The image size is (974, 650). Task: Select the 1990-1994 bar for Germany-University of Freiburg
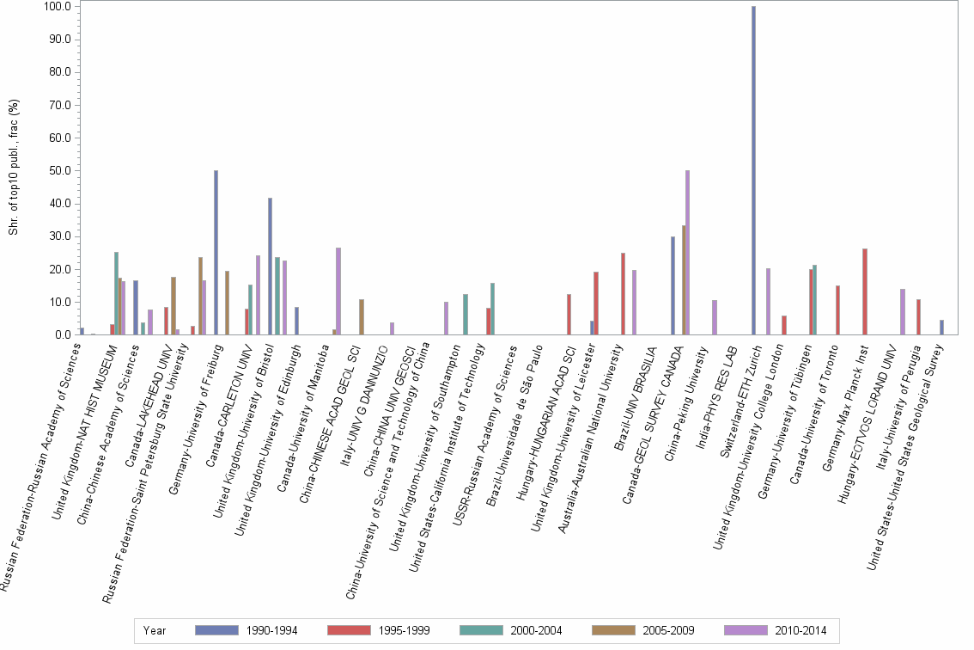click(216, 253)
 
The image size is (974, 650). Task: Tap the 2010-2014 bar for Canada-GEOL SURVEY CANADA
click(687, 253)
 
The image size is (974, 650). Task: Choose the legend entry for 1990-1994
click(246, 630)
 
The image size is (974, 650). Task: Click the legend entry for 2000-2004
click(509, 630)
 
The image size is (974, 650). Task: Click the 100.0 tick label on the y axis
click(56, 7)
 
